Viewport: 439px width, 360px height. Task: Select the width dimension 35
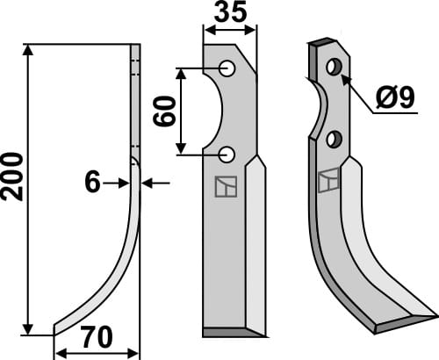230,12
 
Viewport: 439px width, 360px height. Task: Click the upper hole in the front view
227,68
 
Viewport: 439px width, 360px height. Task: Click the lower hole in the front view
227,155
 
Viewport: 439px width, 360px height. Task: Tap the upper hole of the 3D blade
334,67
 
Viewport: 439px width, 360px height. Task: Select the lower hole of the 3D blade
333,139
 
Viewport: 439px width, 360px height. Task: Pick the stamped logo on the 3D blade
327,179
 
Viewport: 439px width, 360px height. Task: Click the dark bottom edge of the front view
232,333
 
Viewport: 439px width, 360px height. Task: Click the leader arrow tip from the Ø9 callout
342,77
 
